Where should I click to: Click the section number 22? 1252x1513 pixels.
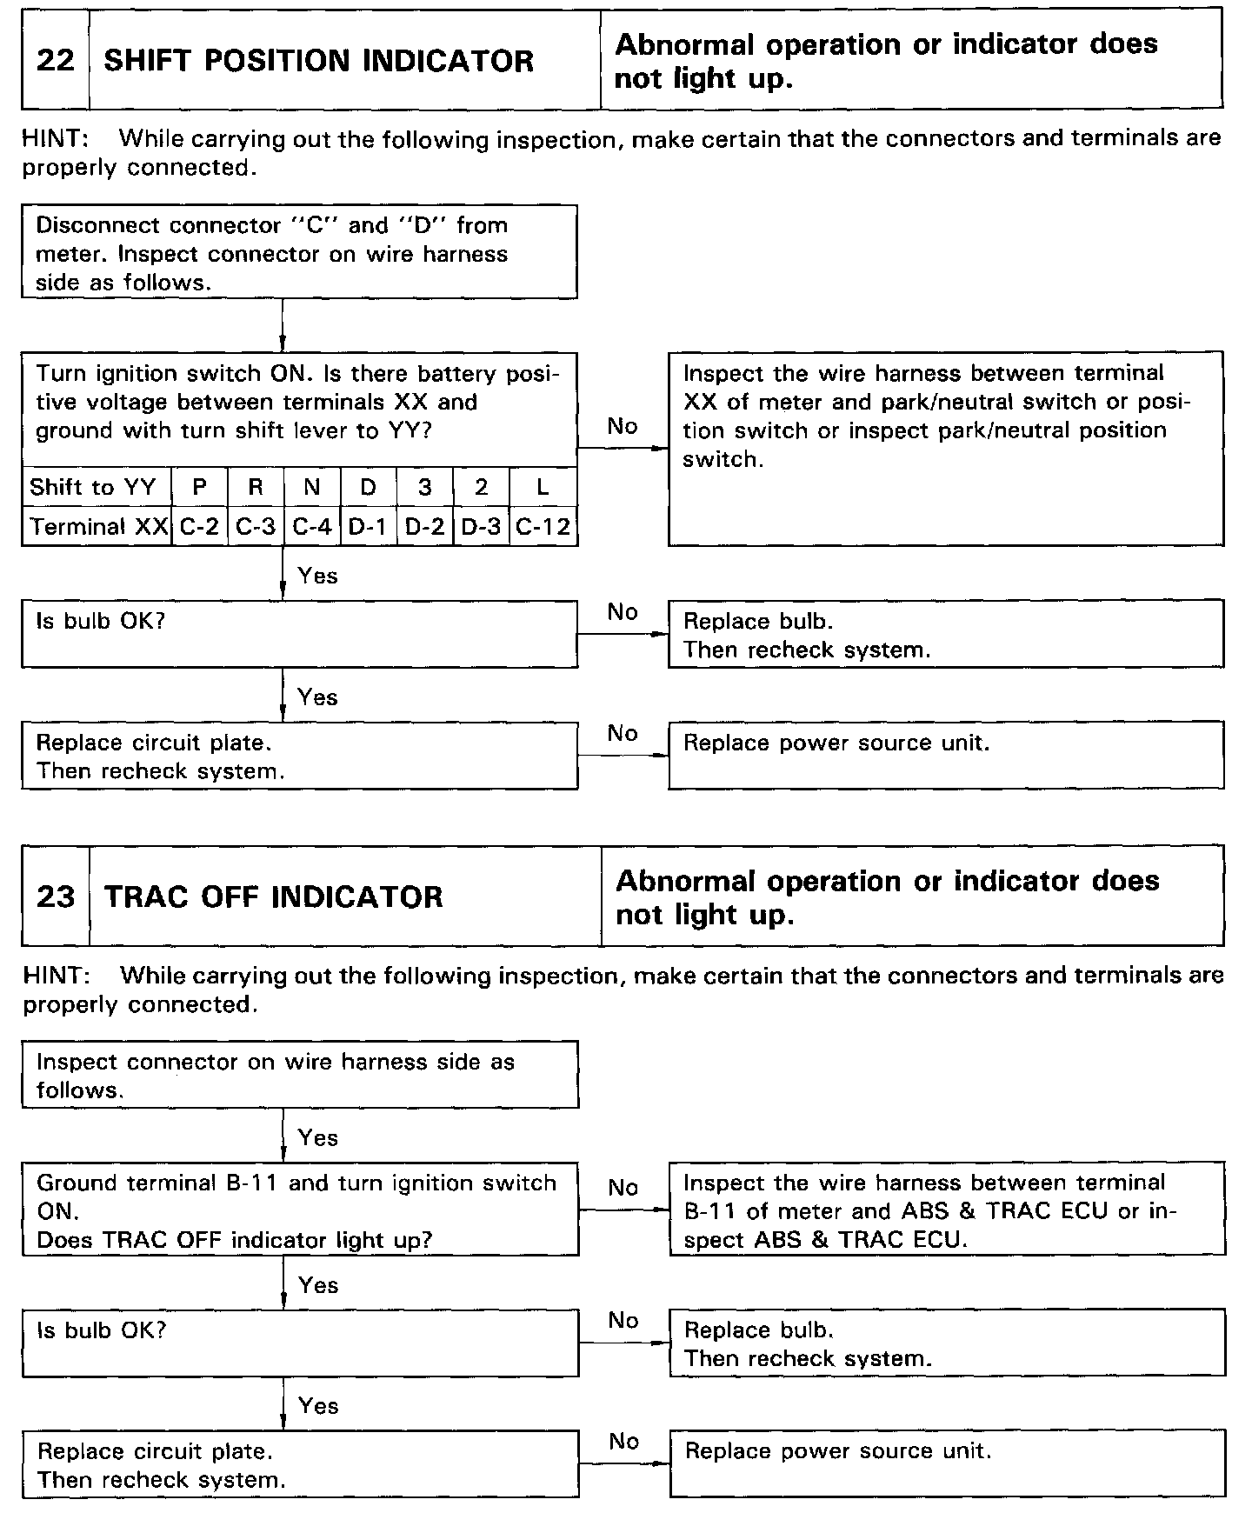click(55, 61)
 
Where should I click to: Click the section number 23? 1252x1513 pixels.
click(55, 896)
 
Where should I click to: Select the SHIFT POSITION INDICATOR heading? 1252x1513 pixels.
click(318, 61)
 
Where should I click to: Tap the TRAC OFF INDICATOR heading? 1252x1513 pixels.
click(273, 896)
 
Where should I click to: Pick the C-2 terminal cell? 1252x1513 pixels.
click(199, 527)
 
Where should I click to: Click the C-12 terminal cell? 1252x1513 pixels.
click(543, 527)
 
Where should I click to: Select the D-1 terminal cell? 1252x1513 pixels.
click(368, 527)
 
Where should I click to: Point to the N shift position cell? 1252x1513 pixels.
click(311, 487)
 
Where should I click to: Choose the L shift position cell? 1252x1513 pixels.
click(543, 487)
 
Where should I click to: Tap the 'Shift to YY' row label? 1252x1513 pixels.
click(93, 487)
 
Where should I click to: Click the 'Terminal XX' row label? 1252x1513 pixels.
click(98, 527)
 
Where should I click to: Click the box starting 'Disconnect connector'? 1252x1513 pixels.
click(299, 252)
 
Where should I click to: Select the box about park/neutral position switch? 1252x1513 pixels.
click(945, 448)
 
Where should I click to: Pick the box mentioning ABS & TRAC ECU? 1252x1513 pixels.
click(946, 1210)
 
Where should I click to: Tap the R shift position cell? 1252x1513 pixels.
click(255, 487)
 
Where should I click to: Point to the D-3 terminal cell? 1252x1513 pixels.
click(481, 527)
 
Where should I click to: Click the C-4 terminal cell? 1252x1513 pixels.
click(311, 527)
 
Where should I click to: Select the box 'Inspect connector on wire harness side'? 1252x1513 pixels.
click(300, 1075)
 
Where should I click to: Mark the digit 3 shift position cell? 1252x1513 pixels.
click(424, 487)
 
